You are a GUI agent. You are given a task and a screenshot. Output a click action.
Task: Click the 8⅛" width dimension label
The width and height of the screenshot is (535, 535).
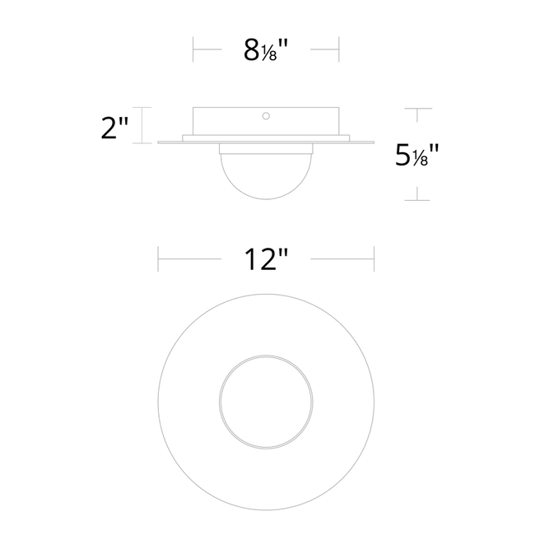[x=266, y=51]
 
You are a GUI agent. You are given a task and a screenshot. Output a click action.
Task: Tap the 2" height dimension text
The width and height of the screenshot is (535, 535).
[x=114, y=127]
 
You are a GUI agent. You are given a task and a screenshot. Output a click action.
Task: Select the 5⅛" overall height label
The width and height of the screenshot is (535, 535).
[x=416, y=155]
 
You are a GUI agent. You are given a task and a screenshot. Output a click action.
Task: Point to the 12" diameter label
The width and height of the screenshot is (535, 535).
[x=266, y=261]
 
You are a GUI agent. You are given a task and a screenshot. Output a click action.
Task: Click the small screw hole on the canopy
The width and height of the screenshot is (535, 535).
[x=266, y=117]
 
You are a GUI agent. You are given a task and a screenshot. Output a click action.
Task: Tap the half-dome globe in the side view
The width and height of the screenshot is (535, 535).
[x=266, y=174]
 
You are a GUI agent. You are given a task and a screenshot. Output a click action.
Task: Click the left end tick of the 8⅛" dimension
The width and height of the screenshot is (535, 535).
[x=193, y=50]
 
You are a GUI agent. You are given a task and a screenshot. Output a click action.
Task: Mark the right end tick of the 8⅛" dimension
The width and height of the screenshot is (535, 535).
[x=339, y=50]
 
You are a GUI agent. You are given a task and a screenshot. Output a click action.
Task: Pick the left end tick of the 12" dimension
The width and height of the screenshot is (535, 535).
[x=158, y=260]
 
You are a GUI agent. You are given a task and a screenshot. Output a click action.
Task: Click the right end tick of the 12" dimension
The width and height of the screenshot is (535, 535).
[x=374, y=260]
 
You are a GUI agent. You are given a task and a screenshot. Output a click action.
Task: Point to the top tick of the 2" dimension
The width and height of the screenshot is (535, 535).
[x=146, y=108]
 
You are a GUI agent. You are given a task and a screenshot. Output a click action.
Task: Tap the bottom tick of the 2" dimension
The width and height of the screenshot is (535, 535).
[x=146, y=143]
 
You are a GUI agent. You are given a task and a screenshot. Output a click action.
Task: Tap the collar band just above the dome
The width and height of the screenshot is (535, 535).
[x=266, y=149]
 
